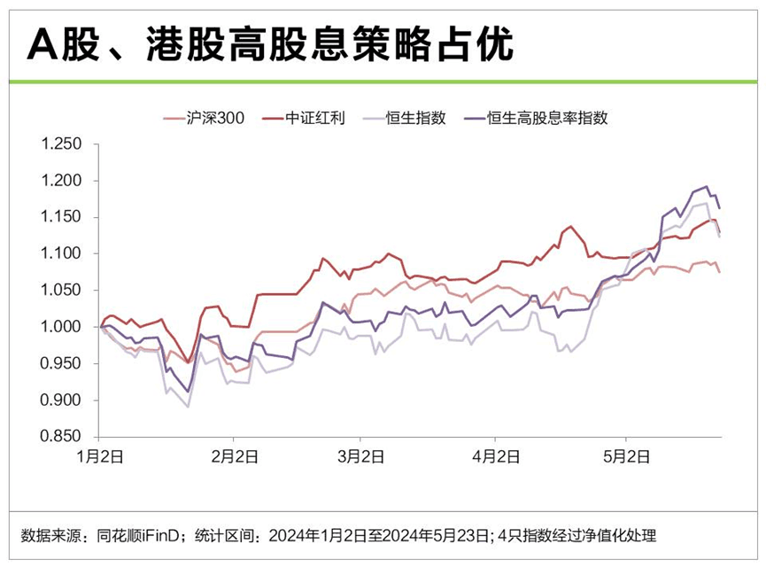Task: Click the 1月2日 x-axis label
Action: click(x=98, y=457)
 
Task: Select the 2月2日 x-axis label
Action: click(x=233, y=457)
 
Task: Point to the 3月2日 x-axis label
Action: click(x=360, y=457)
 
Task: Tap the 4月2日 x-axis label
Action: click(x=495, y=457)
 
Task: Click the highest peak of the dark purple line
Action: click(x=706, y=186)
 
